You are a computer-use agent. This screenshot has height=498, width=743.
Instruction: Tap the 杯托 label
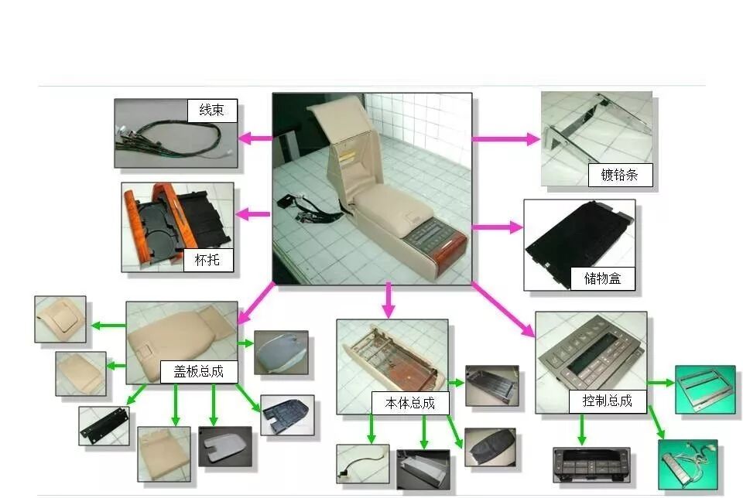tap(207, 260)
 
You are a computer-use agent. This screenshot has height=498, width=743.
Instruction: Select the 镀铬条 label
tap(618, 175)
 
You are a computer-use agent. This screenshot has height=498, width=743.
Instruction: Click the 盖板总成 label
tap(192, 371)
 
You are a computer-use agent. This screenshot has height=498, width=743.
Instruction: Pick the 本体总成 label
tap(403, 403)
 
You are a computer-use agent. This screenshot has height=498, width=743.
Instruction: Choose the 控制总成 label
tap(607, 401)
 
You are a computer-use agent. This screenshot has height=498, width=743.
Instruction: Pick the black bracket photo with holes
tap(104, 425)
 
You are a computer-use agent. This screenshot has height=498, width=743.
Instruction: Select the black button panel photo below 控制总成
tap(591, 465)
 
